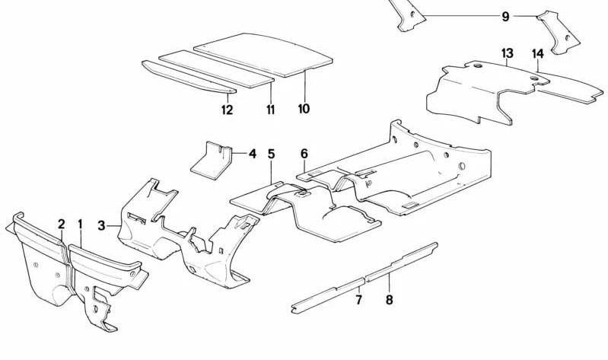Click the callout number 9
[x=505, y=17]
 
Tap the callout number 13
[x=507, y=53]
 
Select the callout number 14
[x=537, y=54]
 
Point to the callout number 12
[x=227, y=110]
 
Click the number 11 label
[x=270, y=110]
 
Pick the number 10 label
[x=304, y=109]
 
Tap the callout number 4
[x=253, y=154]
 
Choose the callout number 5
[x=271, y=154]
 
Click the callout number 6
[x=304, y=154]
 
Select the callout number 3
[x=101, y=225]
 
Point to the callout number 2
[x=62, y=224]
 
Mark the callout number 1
[x=80, y=224]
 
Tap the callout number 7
[x=358, y=299]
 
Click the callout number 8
[x=390, y=299]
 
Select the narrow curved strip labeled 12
[x=189, y=77]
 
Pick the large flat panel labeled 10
[x=263, y=54]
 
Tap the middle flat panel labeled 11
[x=216, y=68]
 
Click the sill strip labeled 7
[x=328, y=295]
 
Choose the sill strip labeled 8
[x=402, y=263]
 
